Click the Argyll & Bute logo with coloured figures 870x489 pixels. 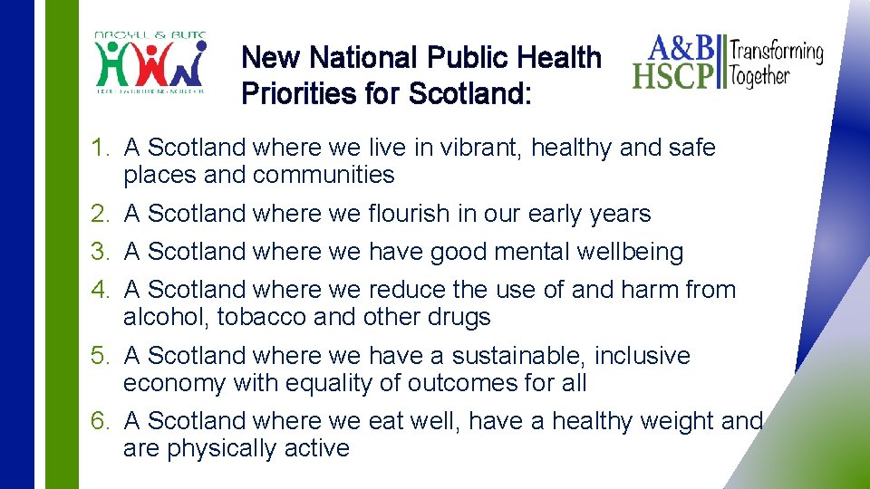pyautogui.click(x=151, y=63)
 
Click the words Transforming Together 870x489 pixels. pyautogui.click(x=778, y=62)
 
